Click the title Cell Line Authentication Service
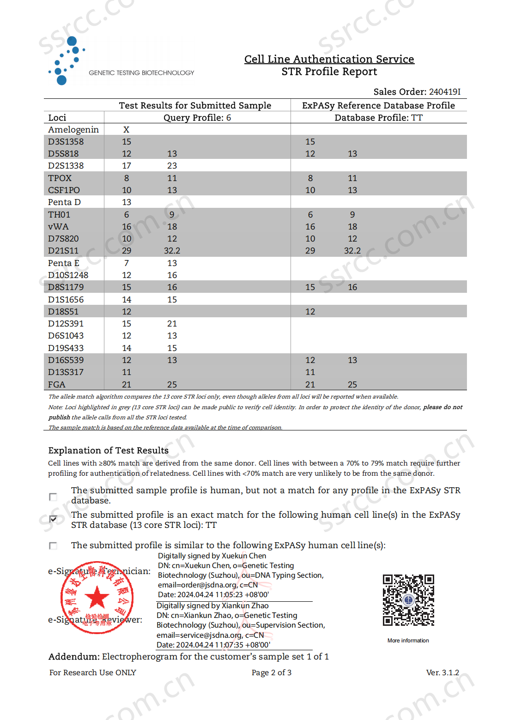click(329, 59)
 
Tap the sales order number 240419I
click(444, 91)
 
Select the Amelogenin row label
click(73, 130)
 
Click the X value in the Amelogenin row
click(126, 130)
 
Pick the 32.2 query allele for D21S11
click(172, 251)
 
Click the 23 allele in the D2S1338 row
click(172, 166)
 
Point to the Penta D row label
click(64, 202)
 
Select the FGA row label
click(56, 384)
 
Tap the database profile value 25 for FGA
click(352, 384)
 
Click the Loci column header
click(57, 118)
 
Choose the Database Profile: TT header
click(378, 118)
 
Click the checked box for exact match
click(53, 519)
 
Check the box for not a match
click(53, 496)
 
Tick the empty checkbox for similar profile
click(53, 545)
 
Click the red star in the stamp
click(97, 597)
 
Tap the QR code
click(408, 600)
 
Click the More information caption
click(408, 641)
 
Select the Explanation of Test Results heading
click(108, 450)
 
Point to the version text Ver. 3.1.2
click(442, 672)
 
